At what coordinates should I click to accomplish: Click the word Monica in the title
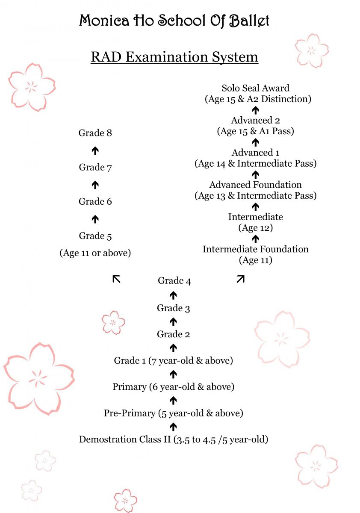pos(104,21)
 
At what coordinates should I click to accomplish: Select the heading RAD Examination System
pos(174,57)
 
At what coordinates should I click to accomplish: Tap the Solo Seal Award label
pos(255,88)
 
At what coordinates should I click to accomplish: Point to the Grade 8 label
pos(95,133)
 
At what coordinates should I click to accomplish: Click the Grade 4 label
pos(174,281)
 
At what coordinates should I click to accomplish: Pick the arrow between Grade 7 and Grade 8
pos(95,150)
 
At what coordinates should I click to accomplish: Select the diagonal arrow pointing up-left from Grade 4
pos(116,279)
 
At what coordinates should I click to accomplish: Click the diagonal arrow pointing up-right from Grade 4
pos(241,279)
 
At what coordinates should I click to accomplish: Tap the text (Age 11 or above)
pos(95,253)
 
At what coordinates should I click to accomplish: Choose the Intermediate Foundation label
pos(256,249)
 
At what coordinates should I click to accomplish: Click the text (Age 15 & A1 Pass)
pos(256,131)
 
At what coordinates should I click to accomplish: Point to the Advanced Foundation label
pos(255,185)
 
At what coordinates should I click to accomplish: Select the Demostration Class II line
pos(174,439)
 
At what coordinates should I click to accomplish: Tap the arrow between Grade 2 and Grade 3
pos(173,321)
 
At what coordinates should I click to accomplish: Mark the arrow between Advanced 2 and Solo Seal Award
pos(256,110)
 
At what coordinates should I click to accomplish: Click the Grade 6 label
pos(95,202)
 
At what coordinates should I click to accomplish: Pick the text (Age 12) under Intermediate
pos(256,228)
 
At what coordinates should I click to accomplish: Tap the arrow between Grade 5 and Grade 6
pos(95,219)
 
